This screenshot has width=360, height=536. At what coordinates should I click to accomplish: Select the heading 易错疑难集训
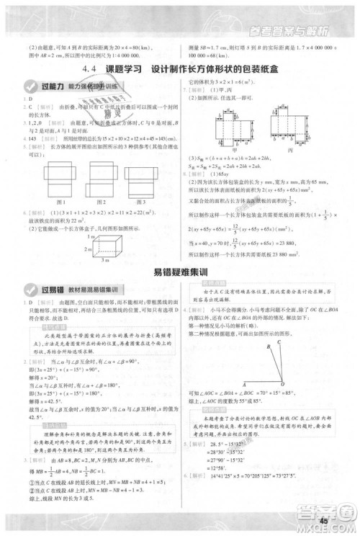pos(179,272)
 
